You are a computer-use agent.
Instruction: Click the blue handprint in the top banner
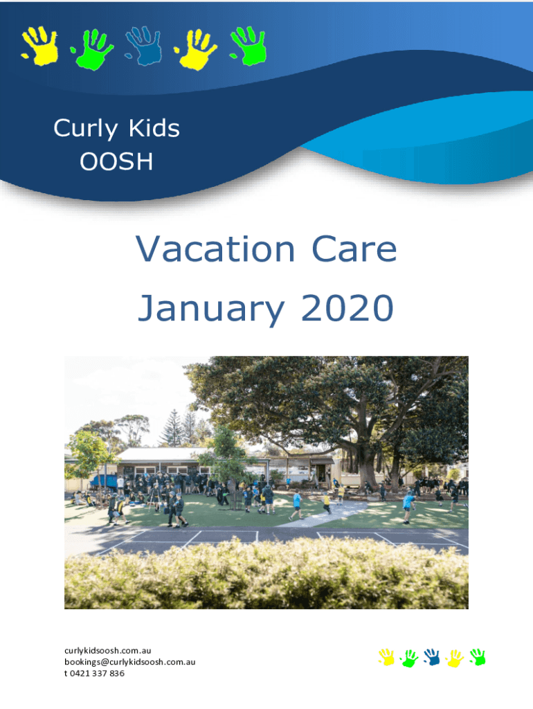click(144, 46)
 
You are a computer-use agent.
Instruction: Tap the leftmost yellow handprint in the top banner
click(41, 46)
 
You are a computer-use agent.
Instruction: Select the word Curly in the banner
click(85, 129)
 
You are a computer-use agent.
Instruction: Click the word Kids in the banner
click(154, 128)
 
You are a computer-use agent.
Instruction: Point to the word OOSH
click(116, 161)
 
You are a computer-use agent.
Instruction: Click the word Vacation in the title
click(215, 249)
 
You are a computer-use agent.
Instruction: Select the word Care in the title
click(354, 249)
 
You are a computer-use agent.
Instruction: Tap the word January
click(211, 309)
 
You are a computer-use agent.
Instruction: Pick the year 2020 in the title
click(347, 307)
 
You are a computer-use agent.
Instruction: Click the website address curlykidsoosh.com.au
click(107, 651)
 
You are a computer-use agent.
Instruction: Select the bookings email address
click(129, 662)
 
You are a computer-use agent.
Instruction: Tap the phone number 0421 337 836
click(97, 673)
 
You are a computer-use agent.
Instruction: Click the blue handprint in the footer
click(432, 657)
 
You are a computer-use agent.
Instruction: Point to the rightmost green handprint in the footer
click(478, 657)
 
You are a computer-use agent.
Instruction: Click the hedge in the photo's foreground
click(266, 574)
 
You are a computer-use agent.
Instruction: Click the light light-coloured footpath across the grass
click(330, 513)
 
